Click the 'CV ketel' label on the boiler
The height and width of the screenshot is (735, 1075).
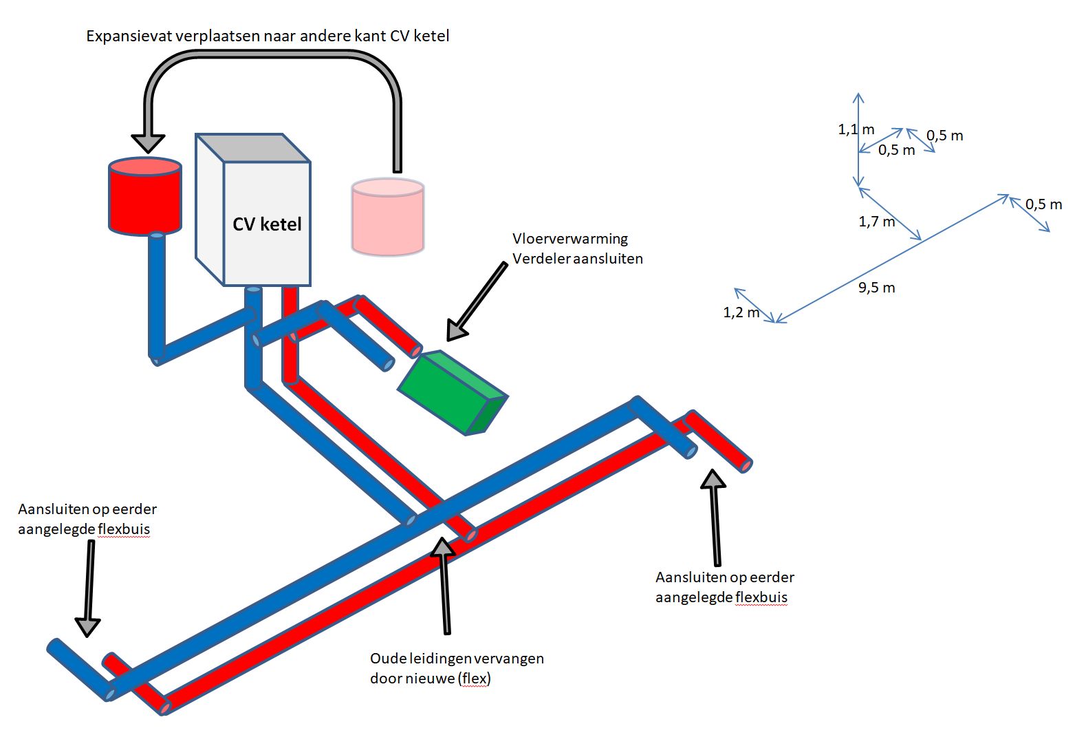[267, 224]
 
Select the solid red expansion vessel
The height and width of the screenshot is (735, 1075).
[145, 198]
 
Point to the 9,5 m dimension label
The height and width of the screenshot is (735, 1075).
[876, 288]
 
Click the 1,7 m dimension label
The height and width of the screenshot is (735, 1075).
[876, 222]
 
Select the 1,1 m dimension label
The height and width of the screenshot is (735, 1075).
[856, 129]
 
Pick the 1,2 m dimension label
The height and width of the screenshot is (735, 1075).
[741, 312]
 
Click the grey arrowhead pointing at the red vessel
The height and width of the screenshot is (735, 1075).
[148, 142]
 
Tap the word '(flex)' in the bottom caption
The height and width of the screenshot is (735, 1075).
[473, 679]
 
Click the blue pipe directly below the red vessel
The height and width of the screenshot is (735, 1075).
[157, 289]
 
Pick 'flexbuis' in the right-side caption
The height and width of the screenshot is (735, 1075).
[761, 597]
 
